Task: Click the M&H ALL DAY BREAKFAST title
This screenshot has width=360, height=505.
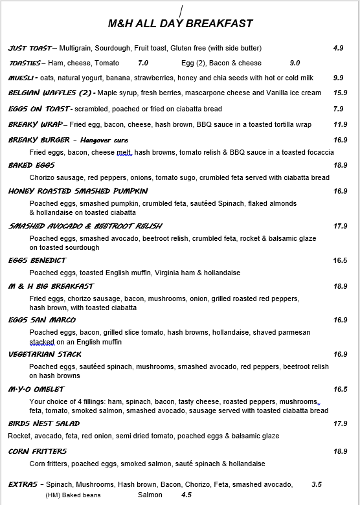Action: (180, 24)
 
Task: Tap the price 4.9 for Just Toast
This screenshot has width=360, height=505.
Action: (338, 48)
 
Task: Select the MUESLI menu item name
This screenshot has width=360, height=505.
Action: (22, 78)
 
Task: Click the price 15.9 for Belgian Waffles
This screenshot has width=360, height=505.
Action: (340, 93)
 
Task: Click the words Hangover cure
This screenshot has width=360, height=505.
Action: (104, 140)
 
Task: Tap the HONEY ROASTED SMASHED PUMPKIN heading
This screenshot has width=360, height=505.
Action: (78, 191)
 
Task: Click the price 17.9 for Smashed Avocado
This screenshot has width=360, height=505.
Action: (340, 226)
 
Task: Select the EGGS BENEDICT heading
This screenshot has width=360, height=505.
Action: (36, 260)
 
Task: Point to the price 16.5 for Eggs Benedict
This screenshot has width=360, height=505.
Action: (340, 260)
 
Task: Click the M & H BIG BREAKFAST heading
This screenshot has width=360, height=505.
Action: (51, 286)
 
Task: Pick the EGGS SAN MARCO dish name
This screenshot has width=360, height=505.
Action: (41, 320)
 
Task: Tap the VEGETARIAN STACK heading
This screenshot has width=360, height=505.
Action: (45, 354)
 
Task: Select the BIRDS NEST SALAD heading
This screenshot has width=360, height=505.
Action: (44, 423)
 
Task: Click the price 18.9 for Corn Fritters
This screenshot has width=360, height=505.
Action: (340, 451)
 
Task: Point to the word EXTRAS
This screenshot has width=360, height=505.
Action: (23, 484)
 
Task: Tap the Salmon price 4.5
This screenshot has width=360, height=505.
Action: (186, 495)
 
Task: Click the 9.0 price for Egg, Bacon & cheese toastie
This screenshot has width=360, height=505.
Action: (295, 63)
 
